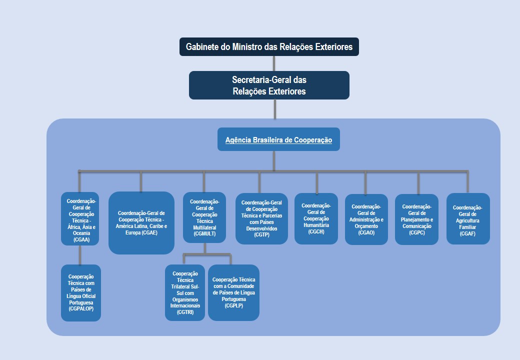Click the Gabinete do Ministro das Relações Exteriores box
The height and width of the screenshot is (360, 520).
click(x=269, y=47)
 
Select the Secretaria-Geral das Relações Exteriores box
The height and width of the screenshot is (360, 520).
click(x=269, y=85)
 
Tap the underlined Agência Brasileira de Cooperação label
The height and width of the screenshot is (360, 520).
click(x=278, y=140)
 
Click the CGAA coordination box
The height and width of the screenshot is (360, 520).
click(x=80, y=219)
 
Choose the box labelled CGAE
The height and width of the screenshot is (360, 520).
click(x=141, y=223)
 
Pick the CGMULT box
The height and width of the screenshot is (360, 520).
click(x=204, y=217)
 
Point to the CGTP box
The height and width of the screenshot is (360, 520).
click(x=261, y=218)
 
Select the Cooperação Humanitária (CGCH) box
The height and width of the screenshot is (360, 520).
click(x=316, y=218)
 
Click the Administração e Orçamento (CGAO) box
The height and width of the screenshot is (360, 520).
click(x=366, y=219)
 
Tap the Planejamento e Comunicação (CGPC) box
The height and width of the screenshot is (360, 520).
click(x=416, y=219)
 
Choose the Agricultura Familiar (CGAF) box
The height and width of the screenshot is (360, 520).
click(x=468, y=219)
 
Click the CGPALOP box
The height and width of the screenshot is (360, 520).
click(x=81, y=292)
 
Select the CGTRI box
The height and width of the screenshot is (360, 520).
click(x=185, y=292)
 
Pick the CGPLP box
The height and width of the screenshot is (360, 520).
click(x=233, y=292)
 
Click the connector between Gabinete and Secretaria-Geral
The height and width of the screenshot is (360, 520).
click(x=274, y=63)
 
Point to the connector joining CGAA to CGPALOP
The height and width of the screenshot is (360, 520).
click(x=80, y=255)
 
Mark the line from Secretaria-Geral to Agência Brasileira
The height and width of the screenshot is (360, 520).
click(x=274, y=109)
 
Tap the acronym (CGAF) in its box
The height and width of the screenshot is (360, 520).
click(x=467, y=233)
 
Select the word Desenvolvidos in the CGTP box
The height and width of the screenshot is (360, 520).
click(x=261, y=228)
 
